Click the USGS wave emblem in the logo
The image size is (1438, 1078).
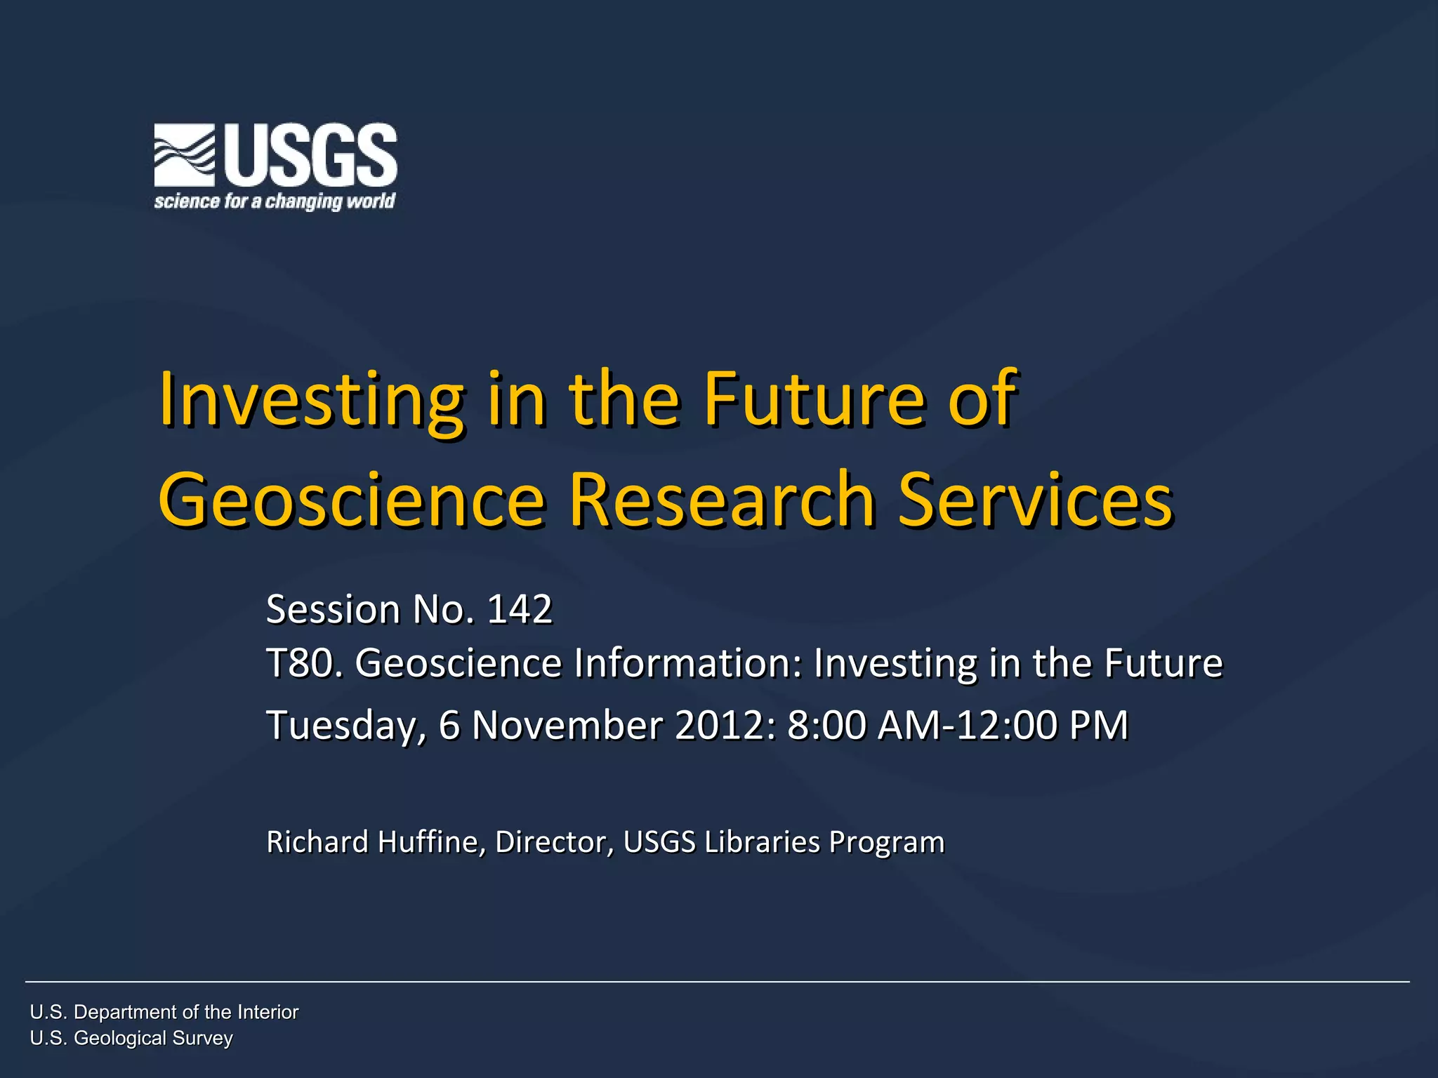(x=185, y=155)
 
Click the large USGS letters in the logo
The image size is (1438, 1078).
(x=311, y=154)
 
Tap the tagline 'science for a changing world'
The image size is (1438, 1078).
(x=275, y=202)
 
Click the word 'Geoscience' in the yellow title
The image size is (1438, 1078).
(x=352, y=499)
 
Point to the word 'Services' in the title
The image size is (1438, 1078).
(x=1036, y=499)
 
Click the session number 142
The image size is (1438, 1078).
(x=520, y=609)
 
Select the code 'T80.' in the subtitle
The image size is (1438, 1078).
(x=305, y=663)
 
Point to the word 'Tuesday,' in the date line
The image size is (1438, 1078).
(x=346, y=726)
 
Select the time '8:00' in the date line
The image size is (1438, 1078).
(x=826, y=725)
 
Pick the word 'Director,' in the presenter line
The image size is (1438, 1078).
(x=554, y=842)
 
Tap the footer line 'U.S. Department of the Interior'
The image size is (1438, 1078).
(x=164, y=1012)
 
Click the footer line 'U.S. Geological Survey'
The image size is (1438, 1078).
(x=131, y=1038)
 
